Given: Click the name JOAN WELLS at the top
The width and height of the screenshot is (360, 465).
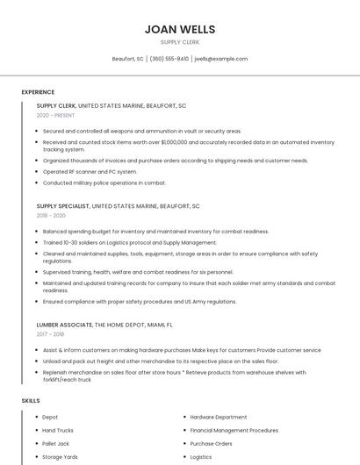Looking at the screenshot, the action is point(179,29).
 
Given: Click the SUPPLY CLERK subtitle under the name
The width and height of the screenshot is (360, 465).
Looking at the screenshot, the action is point(179,41).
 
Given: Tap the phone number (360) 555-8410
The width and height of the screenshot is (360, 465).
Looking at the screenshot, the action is point(169,59).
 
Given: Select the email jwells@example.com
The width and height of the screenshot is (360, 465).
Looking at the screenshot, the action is point(221,59).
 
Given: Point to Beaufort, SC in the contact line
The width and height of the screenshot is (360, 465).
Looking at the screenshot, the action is point(127,59).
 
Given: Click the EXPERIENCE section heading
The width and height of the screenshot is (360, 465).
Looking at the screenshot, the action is point(38,92).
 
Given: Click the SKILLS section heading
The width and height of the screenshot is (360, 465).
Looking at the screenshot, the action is point(31,401).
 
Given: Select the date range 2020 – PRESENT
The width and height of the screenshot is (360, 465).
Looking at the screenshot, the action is point(55,115).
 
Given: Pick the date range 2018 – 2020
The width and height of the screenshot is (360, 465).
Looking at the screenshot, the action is point(51,215).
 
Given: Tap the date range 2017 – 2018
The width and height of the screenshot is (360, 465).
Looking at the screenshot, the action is point(51,333).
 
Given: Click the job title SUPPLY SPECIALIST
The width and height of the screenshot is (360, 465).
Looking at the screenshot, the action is point(62,206).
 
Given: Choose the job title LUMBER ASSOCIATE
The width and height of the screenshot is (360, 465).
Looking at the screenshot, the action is point(64,325).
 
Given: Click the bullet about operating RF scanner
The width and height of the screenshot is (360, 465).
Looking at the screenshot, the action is point(90,172).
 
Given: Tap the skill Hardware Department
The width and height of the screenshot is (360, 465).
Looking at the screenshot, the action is point(219,417).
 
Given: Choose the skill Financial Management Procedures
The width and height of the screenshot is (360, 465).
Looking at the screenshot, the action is point(234,431).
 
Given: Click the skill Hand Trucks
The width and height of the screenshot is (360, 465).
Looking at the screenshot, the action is point(57,431).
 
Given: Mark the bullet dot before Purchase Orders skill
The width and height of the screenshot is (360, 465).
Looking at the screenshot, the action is point(184,444).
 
